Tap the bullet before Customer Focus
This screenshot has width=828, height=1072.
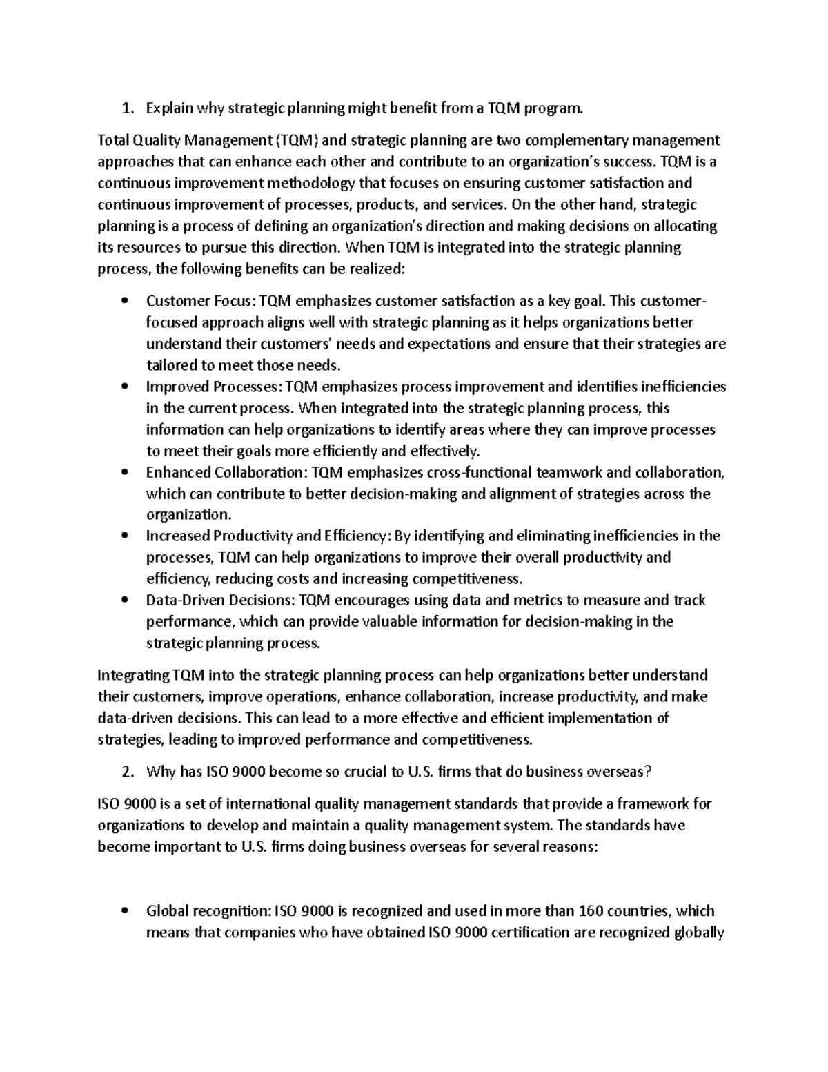(125, 302)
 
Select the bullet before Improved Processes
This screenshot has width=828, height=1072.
(125, 387)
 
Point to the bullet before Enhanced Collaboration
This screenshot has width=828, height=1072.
(125, 473)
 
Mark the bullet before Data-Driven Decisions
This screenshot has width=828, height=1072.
(125, 601)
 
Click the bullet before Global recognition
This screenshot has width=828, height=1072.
(125, 911)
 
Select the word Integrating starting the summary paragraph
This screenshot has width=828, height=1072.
(132, 676)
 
